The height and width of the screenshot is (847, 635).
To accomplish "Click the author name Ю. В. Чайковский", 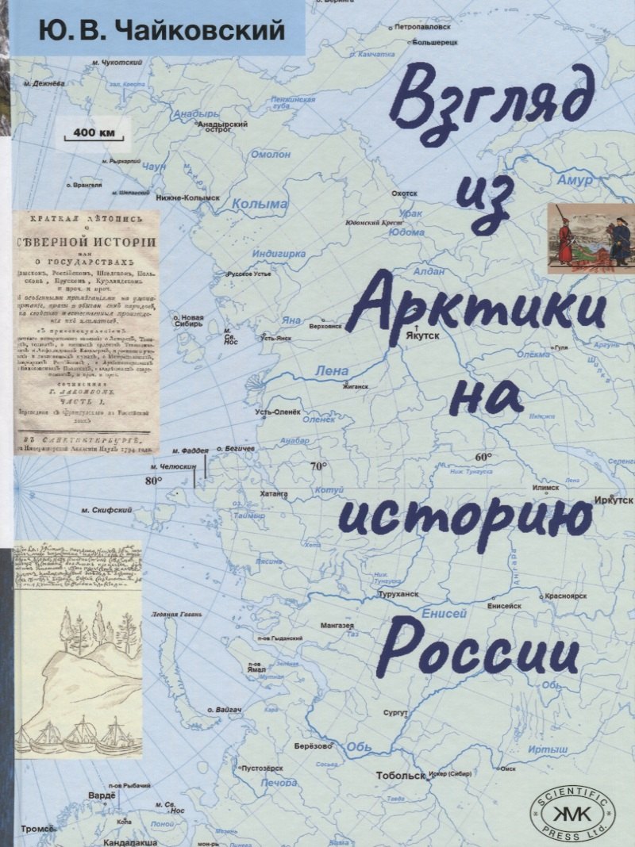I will click(152, 31).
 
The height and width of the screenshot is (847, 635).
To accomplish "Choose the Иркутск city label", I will click(614, 501).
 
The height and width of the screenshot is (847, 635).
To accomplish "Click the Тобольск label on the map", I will click(398, 776).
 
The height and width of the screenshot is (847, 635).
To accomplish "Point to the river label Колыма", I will click(260, 204).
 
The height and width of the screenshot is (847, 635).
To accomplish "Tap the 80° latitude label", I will click(153, 481).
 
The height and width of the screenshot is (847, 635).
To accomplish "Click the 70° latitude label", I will click(318, 466).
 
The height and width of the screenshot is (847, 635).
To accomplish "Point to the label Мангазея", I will click(337, 626).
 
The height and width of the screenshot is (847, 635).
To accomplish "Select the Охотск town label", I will click(404, 193).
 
